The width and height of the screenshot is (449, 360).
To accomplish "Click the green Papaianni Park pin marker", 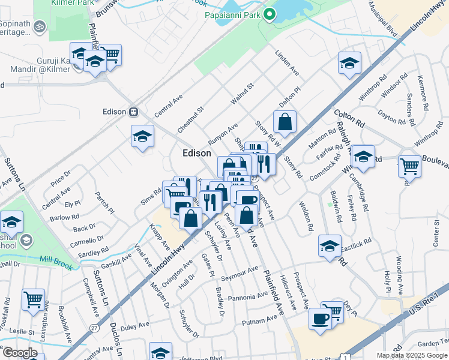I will pyautogui.click(x=270, y=14).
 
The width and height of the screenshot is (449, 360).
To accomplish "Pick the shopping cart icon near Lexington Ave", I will pyautogui.click(x=34, y=299).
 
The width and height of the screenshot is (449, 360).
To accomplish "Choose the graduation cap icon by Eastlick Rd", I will pyautogui.click(x=330, y=246).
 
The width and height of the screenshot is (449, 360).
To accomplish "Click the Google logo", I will pyautogui.click(x=19, y=353).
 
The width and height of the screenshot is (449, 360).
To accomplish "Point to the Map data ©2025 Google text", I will pyautogui.click(x=411, y=355).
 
